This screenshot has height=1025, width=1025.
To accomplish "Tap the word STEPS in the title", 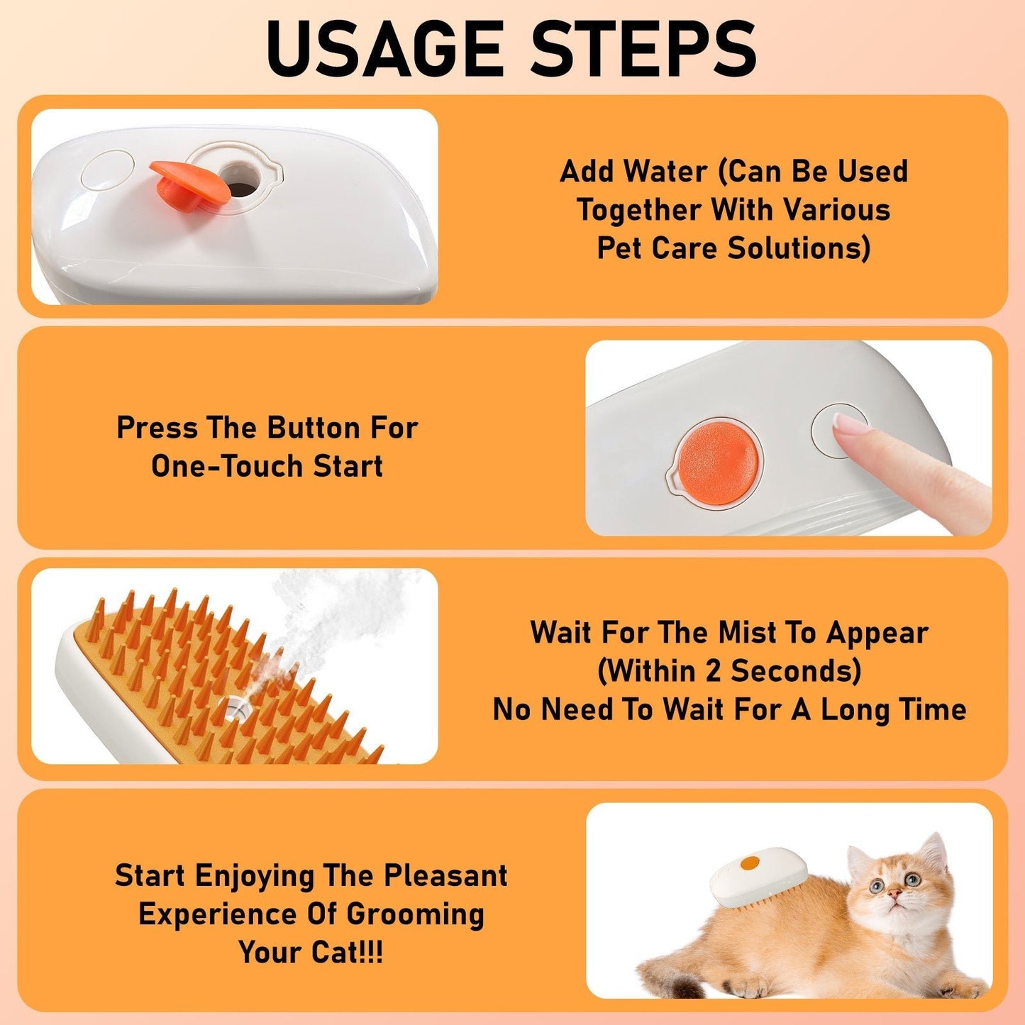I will pos(643,50).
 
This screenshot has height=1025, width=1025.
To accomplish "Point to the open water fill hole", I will pos(240,179).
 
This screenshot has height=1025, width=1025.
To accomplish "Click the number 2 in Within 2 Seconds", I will pos(714,671).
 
